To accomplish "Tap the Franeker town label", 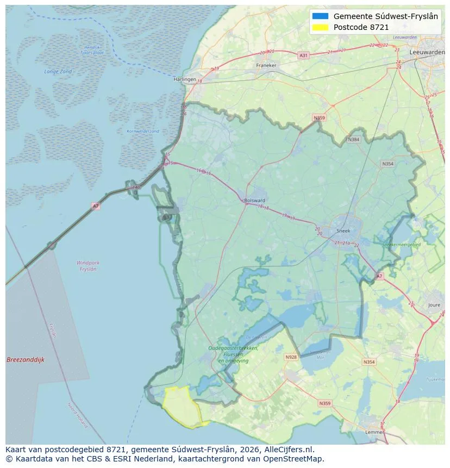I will pos(266,65).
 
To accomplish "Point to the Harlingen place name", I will pos(185,79).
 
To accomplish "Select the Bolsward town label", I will pos(255,200).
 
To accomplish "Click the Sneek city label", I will pos(344,230).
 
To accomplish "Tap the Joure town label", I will pos(434,305).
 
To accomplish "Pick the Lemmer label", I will pos(375,432).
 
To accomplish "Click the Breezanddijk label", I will pos(26,360).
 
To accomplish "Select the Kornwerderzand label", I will pos(143,131).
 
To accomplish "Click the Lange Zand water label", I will pos(58,72).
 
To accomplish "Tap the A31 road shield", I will pos(303,55).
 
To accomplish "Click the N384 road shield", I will pos(354,140).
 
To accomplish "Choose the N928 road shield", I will pos(291,357).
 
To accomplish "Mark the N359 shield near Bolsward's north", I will pos(319,117).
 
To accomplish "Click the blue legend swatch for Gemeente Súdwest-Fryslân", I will pos(321,16).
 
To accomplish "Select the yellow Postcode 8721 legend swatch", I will pos(321,27).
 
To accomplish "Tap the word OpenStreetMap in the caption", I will pos(296,459).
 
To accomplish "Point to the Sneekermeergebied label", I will pos(402,245).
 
